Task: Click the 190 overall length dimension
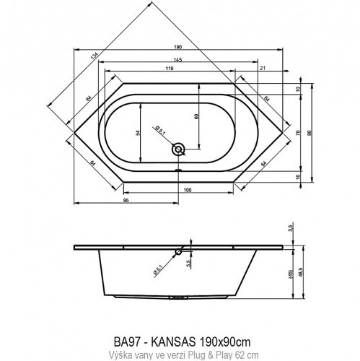coord(177,47)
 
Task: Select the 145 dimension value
coord(177,58)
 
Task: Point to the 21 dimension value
coord(263,68)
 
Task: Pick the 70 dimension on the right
coord(297,133)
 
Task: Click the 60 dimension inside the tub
coord(196,116)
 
